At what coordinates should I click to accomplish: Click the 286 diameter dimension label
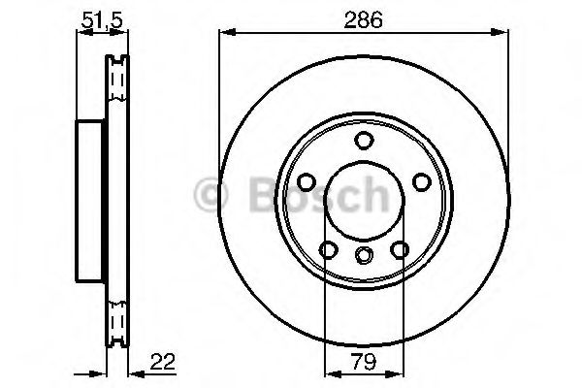point(365,18)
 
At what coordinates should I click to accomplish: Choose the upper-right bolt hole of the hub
point(421,181)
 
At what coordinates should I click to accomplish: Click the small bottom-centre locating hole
point(364,255)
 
